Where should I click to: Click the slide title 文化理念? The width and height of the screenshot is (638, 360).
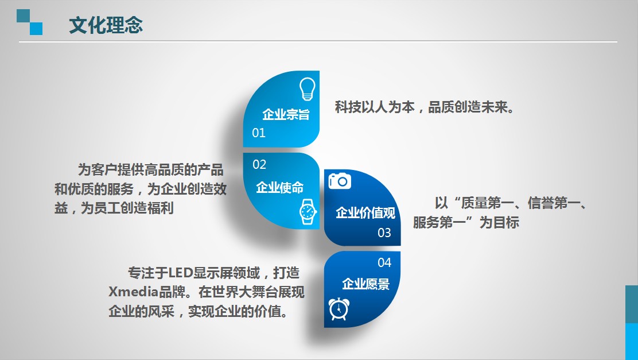pos(106,25)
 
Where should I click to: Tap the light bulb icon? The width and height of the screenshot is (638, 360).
pos(307,89)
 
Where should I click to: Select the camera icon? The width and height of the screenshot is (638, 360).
pos(340,180)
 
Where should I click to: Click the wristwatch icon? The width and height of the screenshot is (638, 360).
pos(308,212)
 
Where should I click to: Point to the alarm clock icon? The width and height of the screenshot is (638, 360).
pos(339,309)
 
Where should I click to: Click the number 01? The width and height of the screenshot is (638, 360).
pos(259,133)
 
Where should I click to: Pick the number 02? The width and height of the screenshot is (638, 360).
pos(259,165)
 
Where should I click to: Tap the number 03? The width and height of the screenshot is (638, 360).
pos(384,233)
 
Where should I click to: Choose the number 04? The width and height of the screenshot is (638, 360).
pos(384,262)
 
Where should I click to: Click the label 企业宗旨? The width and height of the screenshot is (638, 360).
pos(286,114)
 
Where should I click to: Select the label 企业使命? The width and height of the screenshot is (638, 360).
pos(280,187)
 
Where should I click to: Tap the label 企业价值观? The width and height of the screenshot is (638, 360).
pos(365,212)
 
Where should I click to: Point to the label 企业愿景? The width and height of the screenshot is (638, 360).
pos(366,284)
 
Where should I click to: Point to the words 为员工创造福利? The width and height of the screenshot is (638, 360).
pos(127,208)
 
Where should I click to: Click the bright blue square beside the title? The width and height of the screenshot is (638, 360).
pos(36,29)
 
